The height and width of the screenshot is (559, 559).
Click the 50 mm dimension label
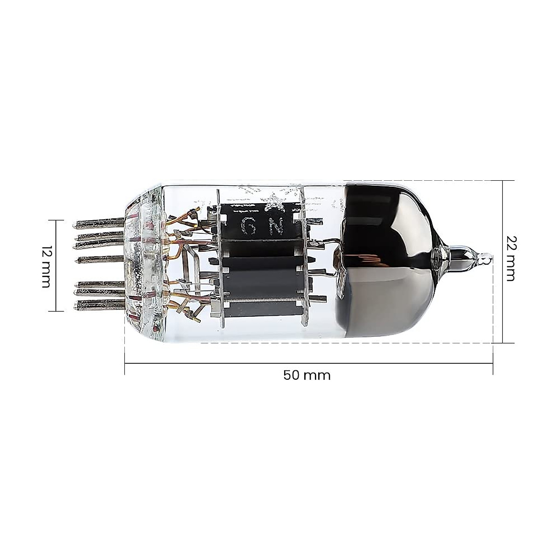coord(307,375)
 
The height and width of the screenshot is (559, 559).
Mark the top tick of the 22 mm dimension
coord(503,180)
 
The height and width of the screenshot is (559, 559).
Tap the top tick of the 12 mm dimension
coord(56,220)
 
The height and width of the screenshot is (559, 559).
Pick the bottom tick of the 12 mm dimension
coord(56,310)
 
